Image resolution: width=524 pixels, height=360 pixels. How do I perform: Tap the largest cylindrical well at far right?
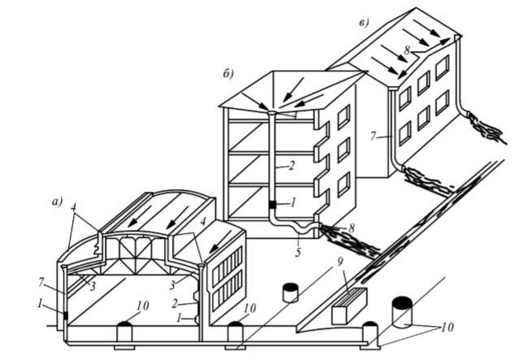(404, 309)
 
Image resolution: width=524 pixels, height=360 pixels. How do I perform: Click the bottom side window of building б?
(344, 182)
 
